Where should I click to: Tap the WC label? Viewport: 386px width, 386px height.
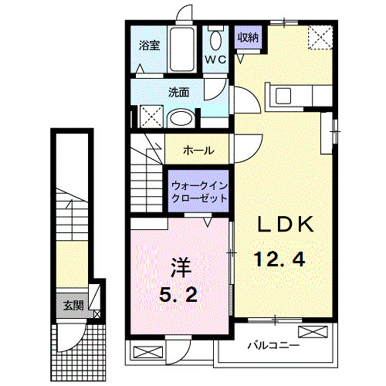(215, 59)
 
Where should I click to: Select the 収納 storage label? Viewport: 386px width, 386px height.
(248, 38)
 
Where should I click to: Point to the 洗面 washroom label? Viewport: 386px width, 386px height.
(179, 93)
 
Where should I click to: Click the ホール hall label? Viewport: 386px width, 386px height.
(198, 150)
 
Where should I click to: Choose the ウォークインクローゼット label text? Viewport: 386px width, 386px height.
(199, 192)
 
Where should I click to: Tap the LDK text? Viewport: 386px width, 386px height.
(286, 225)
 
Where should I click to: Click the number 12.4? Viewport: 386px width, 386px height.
(279, 259)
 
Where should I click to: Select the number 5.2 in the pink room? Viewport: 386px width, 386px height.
(178, 294)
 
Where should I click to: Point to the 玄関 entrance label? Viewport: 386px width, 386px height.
(73, 306)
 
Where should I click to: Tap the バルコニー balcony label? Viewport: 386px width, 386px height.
(274, 345)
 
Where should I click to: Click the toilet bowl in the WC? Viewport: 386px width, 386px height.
(215, 40)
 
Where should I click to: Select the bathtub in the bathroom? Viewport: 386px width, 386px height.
(182, 49)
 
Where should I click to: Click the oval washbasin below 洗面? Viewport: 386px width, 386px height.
(181, 118)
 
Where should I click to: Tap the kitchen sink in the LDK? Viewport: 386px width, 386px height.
(283, 96)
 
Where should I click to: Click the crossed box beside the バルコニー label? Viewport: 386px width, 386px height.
(313, 332)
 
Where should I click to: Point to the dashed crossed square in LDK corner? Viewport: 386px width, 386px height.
(320, 37)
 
